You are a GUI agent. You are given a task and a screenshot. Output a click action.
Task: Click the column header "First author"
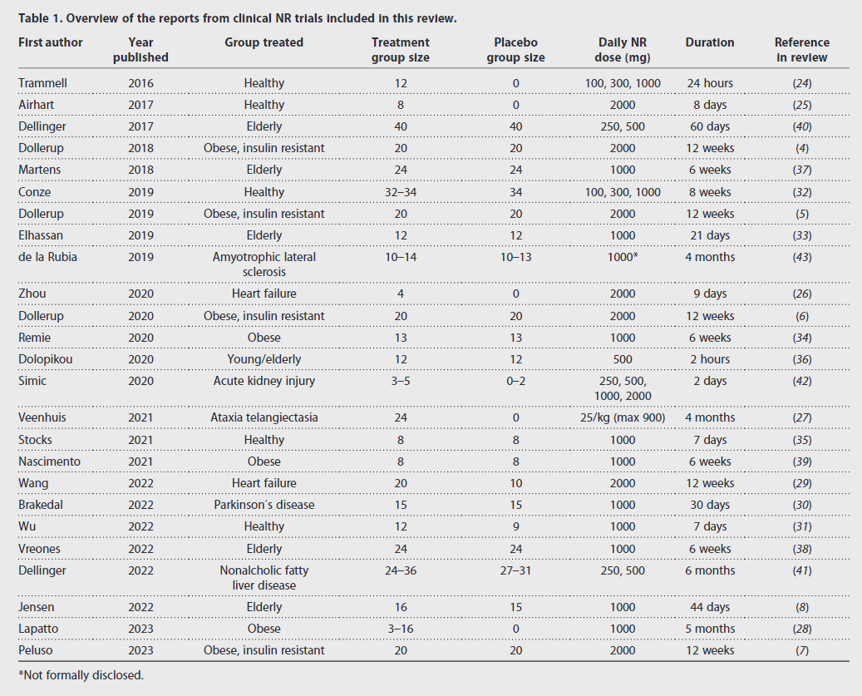(x=51, y=42)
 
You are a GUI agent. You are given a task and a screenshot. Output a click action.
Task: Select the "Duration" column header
(x=710, y=42)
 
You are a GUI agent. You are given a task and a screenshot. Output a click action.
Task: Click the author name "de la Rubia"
(x=48, y=257)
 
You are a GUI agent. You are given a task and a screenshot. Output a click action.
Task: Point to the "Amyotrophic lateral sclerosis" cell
(x=264, y=264)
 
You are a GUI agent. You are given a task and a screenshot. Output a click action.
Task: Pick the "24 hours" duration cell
(x=710, y=83)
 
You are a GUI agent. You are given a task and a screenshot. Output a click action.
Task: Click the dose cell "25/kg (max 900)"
(x=623, y=417)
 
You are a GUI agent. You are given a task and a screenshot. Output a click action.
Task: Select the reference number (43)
(x=802, y=257)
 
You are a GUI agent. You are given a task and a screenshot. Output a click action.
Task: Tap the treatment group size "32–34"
(x=401, y=192)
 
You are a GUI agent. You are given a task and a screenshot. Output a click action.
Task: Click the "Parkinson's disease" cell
(x=264, y=505)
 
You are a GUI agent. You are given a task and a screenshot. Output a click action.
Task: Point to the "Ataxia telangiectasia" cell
(x=264, y=417)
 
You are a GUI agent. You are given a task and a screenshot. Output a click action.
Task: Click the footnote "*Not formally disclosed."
(x=81, y=675)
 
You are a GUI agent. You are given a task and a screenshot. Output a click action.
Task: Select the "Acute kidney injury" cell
(x=264, y=381)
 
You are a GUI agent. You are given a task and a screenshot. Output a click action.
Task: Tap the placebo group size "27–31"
(x=515, y=570)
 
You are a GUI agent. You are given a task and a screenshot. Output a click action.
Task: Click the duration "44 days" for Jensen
(x=710, y=607)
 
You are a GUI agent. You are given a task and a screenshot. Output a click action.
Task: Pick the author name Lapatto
(x=38, y=629)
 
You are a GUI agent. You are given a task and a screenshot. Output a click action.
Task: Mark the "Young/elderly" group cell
(x=264, y=359)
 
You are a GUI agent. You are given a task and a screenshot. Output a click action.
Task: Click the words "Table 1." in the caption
(x=40, y=18)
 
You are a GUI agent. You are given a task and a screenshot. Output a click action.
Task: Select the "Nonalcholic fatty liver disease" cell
(x=264, y=578)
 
